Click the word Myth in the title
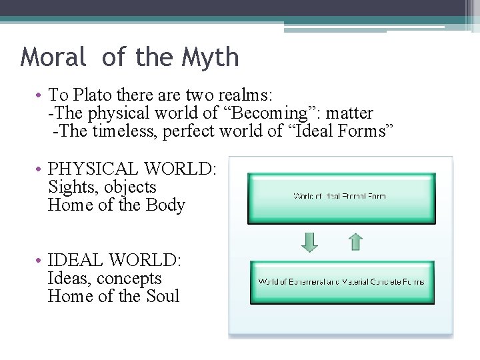[213, 58]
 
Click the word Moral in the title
[53, 57]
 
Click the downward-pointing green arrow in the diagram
[310, 242]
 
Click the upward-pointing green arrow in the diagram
[356, 241]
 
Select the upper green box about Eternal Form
[341, 198]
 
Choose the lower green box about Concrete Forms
[341, 282]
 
